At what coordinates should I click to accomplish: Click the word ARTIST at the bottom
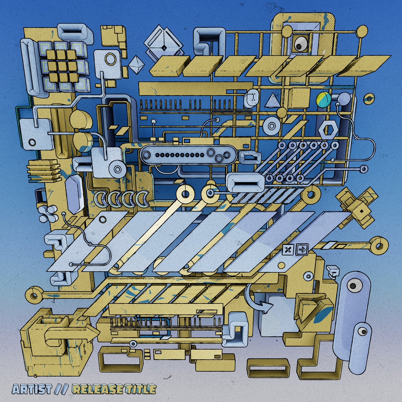(x=32, y=389)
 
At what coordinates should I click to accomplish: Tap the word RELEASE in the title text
(x=97, y=389)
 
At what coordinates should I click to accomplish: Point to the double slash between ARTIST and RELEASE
(x=61, y=389)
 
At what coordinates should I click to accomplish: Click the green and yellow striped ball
(x=324, y=99)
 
